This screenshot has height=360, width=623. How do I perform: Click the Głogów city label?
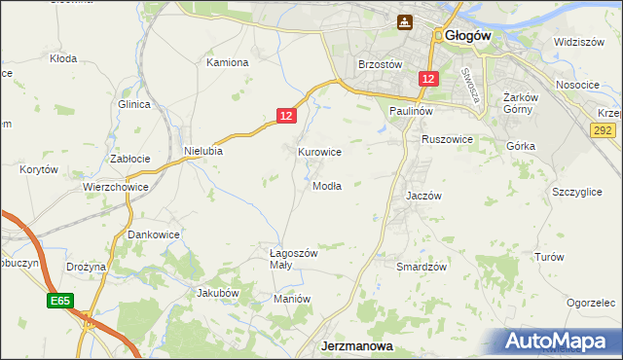point(470,35)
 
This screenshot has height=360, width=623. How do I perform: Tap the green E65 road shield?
point(59,303)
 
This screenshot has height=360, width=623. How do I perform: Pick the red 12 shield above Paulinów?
point(428,77)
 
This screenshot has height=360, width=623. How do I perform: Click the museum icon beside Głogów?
point(405,21)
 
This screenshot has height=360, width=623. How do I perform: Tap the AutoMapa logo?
point(560,342)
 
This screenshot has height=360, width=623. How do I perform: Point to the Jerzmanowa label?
point(356,345)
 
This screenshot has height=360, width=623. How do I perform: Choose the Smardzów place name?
point(421,267)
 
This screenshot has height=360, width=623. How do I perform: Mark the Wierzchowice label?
point(115,187)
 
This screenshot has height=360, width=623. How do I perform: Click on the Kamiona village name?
point(228,62)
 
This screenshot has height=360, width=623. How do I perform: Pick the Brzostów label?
point(380,64)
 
